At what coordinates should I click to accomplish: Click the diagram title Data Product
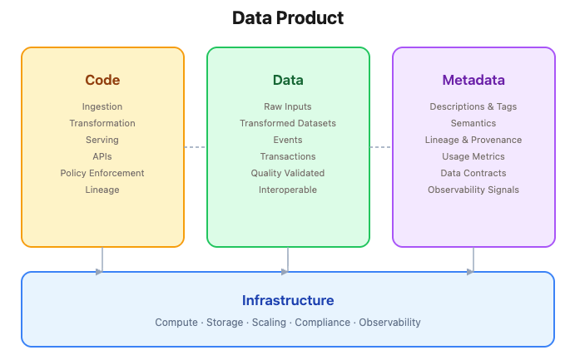[287, 17]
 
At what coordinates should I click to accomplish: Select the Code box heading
[102, 81]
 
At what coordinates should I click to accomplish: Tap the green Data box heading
[288, 81]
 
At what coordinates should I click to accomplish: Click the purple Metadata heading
[473, 81]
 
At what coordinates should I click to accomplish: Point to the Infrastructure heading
[288, 300]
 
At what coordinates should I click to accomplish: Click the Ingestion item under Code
[102, 106]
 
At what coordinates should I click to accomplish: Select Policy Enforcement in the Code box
[102, 173]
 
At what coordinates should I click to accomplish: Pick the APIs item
[102, 156]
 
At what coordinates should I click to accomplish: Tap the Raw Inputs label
[288, 106]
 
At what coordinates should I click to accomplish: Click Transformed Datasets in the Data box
[288, 123]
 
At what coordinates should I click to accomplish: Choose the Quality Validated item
[288, 173]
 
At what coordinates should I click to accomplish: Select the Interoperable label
[288, 190]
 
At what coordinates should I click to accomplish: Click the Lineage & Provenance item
[473, 140]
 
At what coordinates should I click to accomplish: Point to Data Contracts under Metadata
[473, 173]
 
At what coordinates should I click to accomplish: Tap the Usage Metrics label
[473, 156]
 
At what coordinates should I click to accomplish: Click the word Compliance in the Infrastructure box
[322, 322]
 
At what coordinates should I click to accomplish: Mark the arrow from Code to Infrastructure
[102, 259]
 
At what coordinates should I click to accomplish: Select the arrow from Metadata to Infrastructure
[473, 259]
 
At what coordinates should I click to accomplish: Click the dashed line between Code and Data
[195, 147]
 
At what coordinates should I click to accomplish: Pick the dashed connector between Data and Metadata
[381, 147]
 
